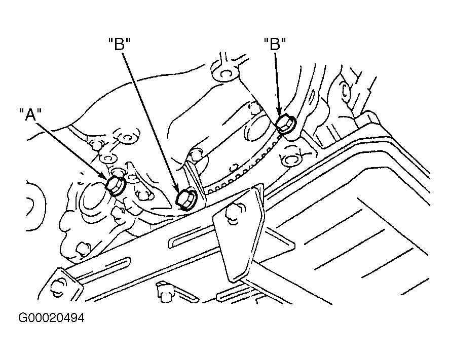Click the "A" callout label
pyautogui.click(x=30, y=114)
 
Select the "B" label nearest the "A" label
pyautogui.click(x=119, y=44)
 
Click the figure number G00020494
pyautogui.click(x=51, y=317)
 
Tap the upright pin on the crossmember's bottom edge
pyautogui.click(x=165, y=292)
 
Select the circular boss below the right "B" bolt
pyautogui.click(x=291, y=158)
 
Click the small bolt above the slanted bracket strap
pyautogui.click(x=196, y=154)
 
